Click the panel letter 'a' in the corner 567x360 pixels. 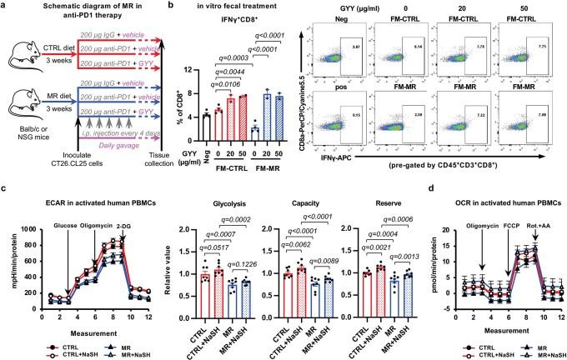(5, 7)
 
